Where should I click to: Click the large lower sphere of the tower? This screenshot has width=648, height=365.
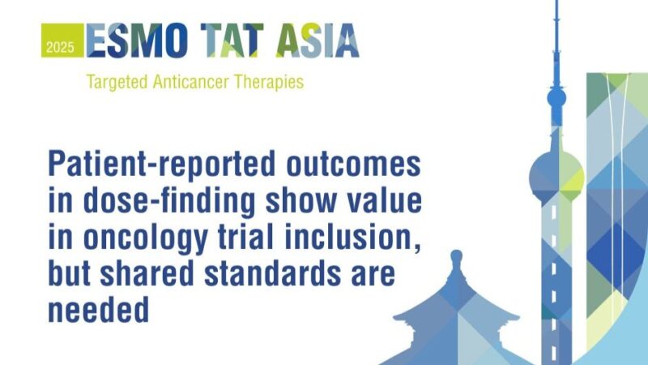tap(556, 173)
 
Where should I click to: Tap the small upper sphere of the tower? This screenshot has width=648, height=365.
tap(556, 98)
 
